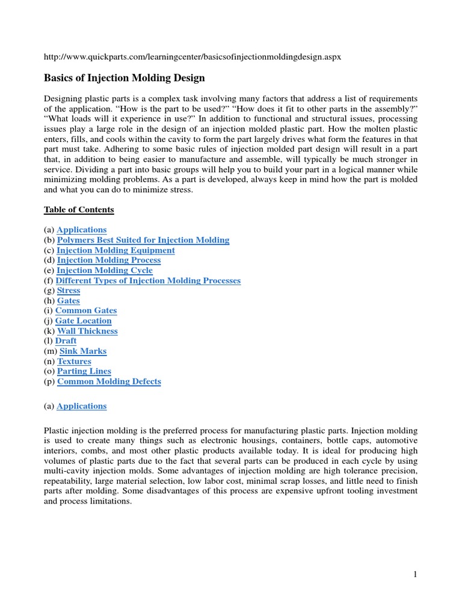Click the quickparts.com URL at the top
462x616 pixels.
193,56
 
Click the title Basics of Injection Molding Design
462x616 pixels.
125,78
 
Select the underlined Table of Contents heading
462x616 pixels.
79,209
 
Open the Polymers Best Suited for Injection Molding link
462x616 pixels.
143,240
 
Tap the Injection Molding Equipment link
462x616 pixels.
115,250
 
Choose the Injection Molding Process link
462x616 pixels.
109,260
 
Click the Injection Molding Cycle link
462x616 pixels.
105,270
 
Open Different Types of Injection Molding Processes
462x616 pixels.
148,280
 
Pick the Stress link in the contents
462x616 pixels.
69,291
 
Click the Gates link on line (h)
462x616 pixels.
69,301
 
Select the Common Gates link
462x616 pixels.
86,310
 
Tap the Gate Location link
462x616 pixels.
83,321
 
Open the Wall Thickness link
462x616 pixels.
87,331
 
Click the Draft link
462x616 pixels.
66,340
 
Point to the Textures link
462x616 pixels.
74,361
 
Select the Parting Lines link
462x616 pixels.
84,371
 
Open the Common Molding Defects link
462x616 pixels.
109,381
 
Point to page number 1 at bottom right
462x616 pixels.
414,574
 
